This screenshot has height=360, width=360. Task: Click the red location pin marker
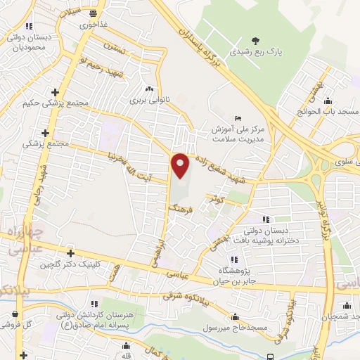(181, 166)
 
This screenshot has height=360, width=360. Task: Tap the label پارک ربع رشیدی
(254, 52)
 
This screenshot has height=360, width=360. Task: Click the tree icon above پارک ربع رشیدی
(254, 39)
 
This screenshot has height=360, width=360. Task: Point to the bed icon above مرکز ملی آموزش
(238, 117)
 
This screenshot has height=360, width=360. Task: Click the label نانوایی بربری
(148, 100)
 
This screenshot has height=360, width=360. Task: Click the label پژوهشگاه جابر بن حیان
(242, 274)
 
